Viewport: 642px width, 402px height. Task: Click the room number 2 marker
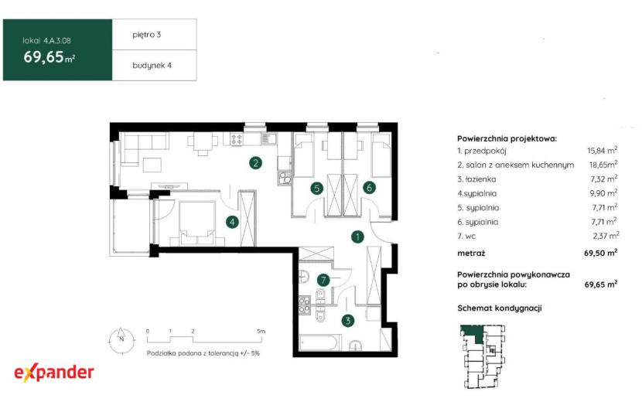click(256, 163)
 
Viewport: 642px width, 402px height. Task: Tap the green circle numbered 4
click(233, 222)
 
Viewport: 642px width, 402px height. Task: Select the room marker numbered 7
click(323, 280)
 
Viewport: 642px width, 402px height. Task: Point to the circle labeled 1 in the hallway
click(358, 237)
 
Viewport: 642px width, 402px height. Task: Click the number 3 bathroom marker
click(348, 321)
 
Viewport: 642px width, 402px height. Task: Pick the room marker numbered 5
click(316, 189)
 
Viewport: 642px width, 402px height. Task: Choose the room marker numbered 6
click(369, 188)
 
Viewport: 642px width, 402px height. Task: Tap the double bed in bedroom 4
click(198, 223)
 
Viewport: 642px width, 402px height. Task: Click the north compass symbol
click(121, 340)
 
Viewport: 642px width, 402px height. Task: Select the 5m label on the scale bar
click(261, 331)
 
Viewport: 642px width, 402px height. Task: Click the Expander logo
click(54, 373)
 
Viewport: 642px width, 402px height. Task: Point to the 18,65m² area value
click(603, 165)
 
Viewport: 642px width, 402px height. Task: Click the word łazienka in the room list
click(480, 179)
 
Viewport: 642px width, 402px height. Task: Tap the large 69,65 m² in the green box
click(50, 57)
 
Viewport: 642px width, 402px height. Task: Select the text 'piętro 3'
click(147, 35)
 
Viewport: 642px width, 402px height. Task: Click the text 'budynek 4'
click(152, 66)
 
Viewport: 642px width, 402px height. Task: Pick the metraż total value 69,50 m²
click(601, 253)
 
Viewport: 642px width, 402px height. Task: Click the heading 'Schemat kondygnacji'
click(500, 308)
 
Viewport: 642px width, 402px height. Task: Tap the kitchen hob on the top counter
click(236, 139)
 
